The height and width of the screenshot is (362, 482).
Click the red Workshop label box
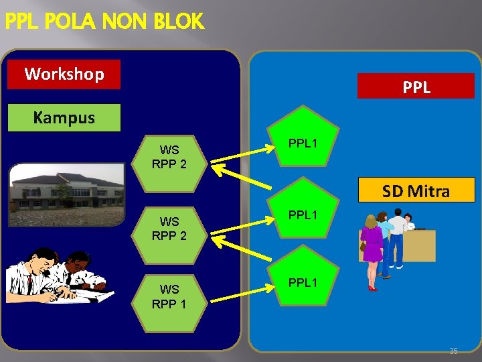point(64,74)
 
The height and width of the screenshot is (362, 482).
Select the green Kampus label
point(64,118)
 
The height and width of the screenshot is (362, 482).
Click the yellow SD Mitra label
point(415,192)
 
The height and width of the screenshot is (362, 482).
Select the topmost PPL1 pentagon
point(303,137)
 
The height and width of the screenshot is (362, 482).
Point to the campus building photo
point(67,194)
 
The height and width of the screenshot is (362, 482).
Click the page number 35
point(453,351)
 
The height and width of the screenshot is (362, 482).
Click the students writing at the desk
point(57,275)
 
